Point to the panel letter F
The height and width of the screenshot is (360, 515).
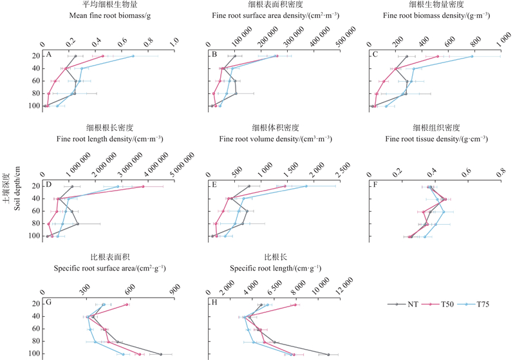(373, 184)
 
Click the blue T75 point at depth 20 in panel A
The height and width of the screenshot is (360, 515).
(133, 56)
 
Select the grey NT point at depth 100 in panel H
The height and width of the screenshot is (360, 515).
(328, 354)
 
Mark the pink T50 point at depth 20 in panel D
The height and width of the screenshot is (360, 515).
(143, 187)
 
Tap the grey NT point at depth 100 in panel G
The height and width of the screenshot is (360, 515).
(161, 354)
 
